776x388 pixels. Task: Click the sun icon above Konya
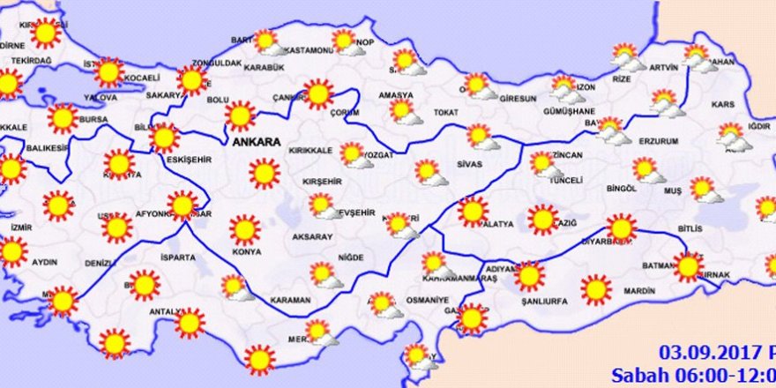[245, 229]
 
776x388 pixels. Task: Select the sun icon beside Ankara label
[240, 116]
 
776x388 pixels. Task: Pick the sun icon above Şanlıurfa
[529, 276]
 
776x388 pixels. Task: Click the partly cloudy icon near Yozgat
[354, 155]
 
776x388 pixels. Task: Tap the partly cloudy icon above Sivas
[481, 137]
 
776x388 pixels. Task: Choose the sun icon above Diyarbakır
[621, 228]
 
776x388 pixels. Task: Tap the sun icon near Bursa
[63, 118]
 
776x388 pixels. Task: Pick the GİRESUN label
[517, 98]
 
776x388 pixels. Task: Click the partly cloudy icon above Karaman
[325, 275]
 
